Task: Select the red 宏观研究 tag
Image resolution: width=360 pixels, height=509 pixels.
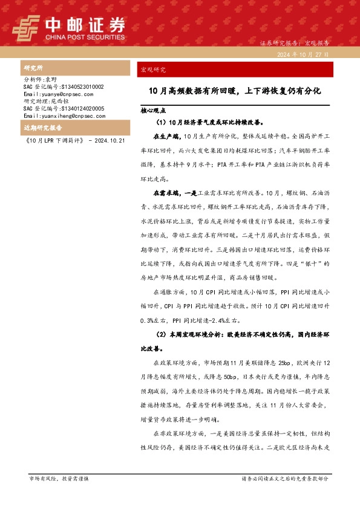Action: [x=153, y=70]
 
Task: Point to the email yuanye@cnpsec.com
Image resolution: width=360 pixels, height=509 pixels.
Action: [x=58, y=94]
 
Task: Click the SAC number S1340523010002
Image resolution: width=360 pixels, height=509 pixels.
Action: [x=64, y=87]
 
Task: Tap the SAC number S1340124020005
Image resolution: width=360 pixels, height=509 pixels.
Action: [x=64, y=108]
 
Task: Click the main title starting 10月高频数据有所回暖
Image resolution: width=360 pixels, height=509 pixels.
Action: [x=235, y=91]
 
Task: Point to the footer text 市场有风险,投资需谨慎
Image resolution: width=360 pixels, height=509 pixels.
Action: [x=59, y=478]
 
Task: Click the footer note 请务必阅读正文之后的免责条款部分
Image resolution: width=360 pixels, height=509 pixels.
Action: [x=284, y=478]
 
